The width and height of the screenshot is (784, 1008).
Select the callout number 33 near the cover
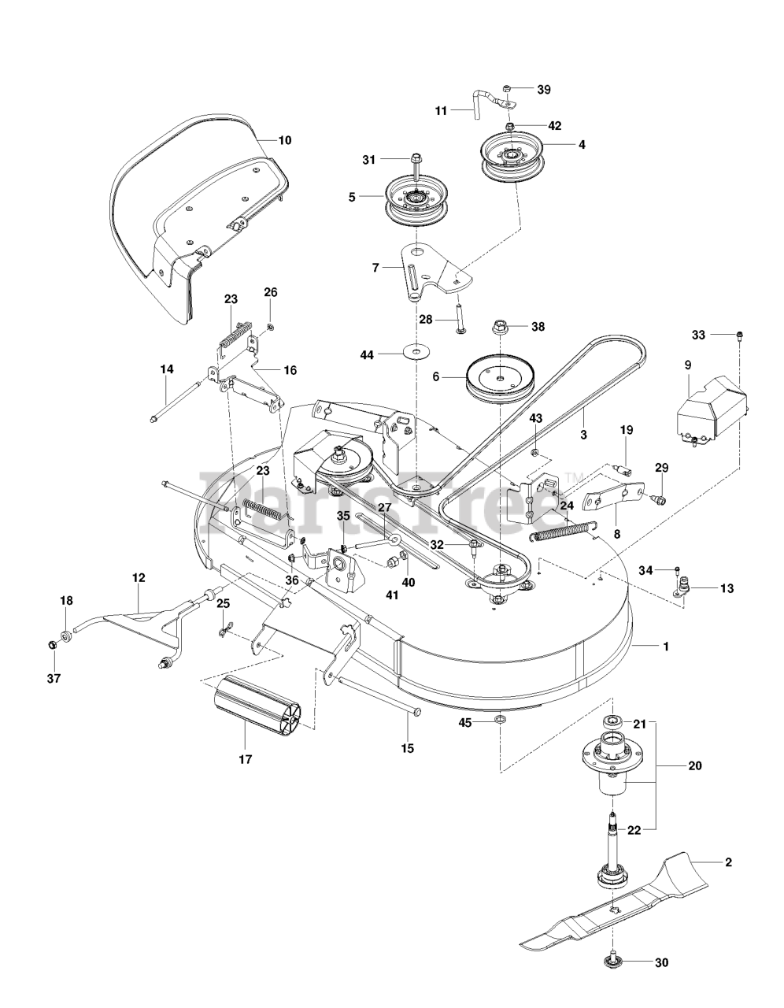[699, 335]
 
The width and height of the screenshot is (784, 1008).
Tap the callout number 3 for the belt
[584, 434]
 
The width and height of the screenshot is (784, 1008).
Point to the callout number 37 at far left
[52, 678]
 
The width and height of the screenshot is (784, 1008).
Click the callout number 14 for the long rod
[167, 369]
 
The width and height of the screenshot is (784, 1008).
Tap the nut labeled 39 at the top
[508, 89]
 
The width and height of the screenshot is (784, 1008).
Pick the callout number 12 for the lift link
[139, 577]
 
